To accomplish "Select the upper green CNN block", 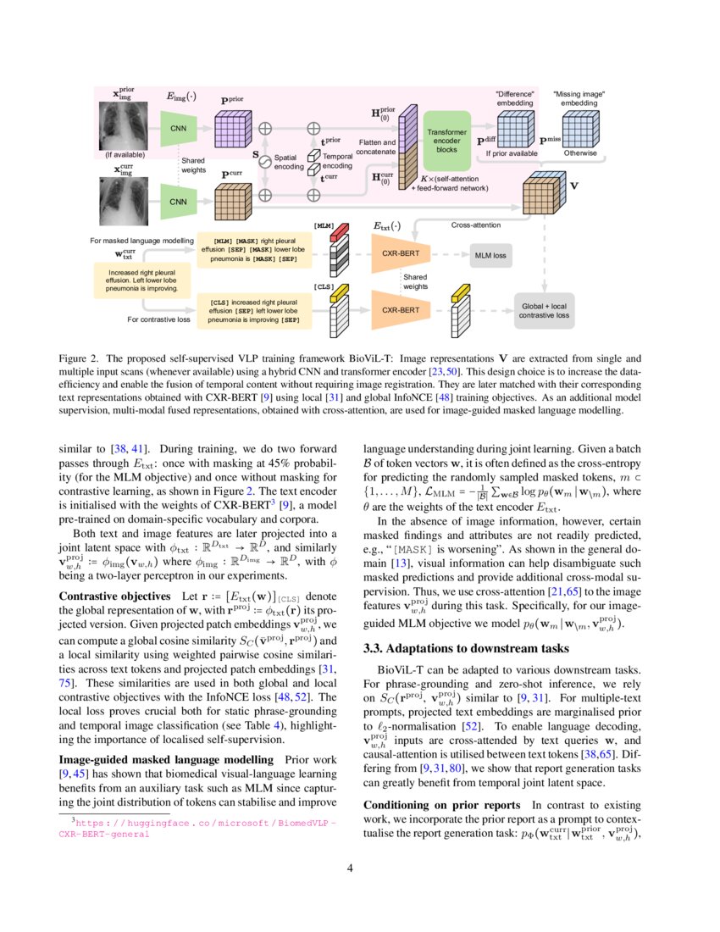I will tap(179, 129).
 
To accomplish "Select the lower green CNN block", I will tap(179, 202).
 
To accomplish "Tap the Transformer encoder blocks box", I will tap(446, 139).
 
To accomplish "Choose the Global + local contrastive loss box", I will tap(544, 310).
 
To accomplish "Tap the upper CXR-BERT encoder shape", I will tap(401, 254).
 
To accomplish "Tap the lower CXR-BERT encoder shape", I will tap(401, 310).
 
